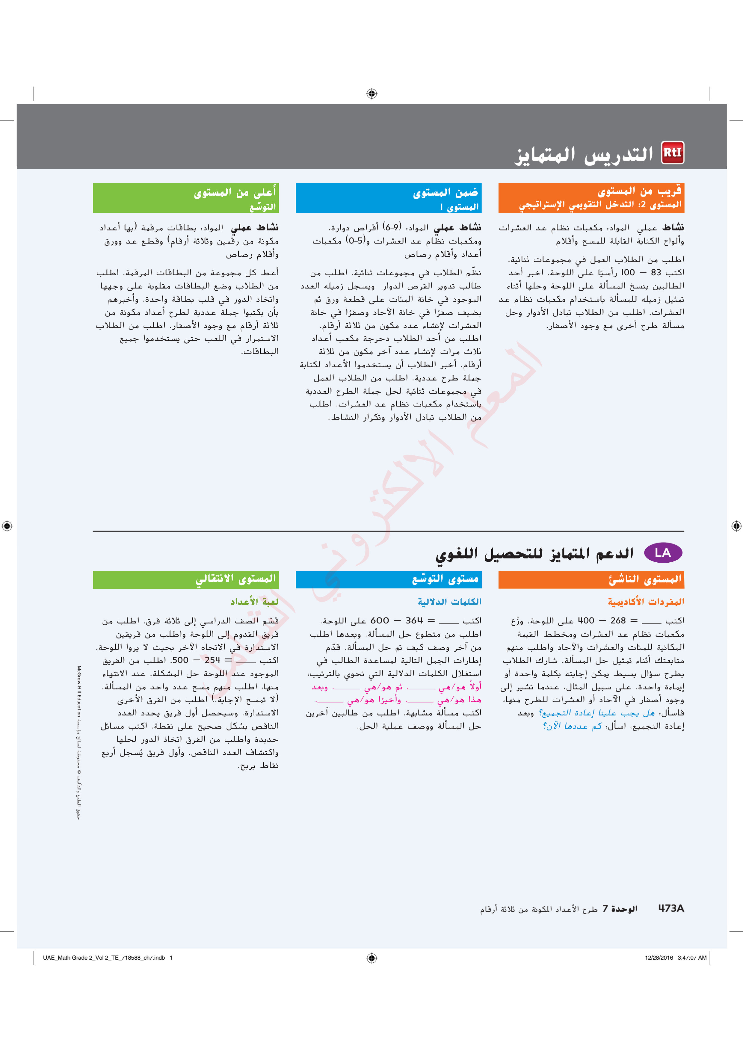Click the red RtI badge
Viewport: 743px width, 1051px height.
pos(673,152)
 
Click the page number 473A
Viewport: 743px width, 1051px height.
pos(671,908)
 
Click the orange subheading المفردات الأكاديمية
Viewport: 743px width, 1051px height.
pos(646,602)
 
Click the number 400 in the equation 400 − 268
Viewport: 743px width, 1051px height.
pos(585,621)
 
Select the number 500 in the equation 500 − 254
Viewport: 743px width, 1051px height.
pos(179,660)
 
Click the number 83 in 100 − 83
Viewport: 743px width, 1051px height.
pos(656,272)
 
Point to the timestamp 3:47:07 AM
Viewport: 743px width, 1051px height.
pos(692,958)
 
